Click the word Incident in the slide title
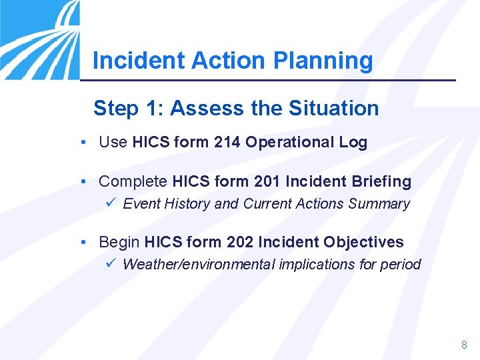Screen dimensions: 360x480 (x=139, y=61)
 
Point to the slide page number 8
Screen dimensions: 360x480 (x=464, y=345)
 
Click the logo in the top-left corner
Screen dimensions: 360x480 (x=39, y=39)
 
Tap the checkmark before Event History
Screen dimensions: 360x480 (x=111, y=203)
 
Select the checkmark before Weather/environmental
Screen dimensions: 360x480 (x=111, y=264)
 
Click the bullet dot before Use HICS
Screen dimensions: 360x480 (x=81, y=142)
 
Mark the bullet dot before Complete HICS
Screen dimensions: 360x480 (x=81, y=181)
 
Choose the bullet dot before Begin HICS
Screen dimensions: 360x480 (x=81, y=242)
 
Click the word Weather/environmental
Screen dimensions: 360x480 (x=199, y=265)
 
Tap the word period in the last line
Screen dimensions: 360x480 (x=400, y=265)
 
